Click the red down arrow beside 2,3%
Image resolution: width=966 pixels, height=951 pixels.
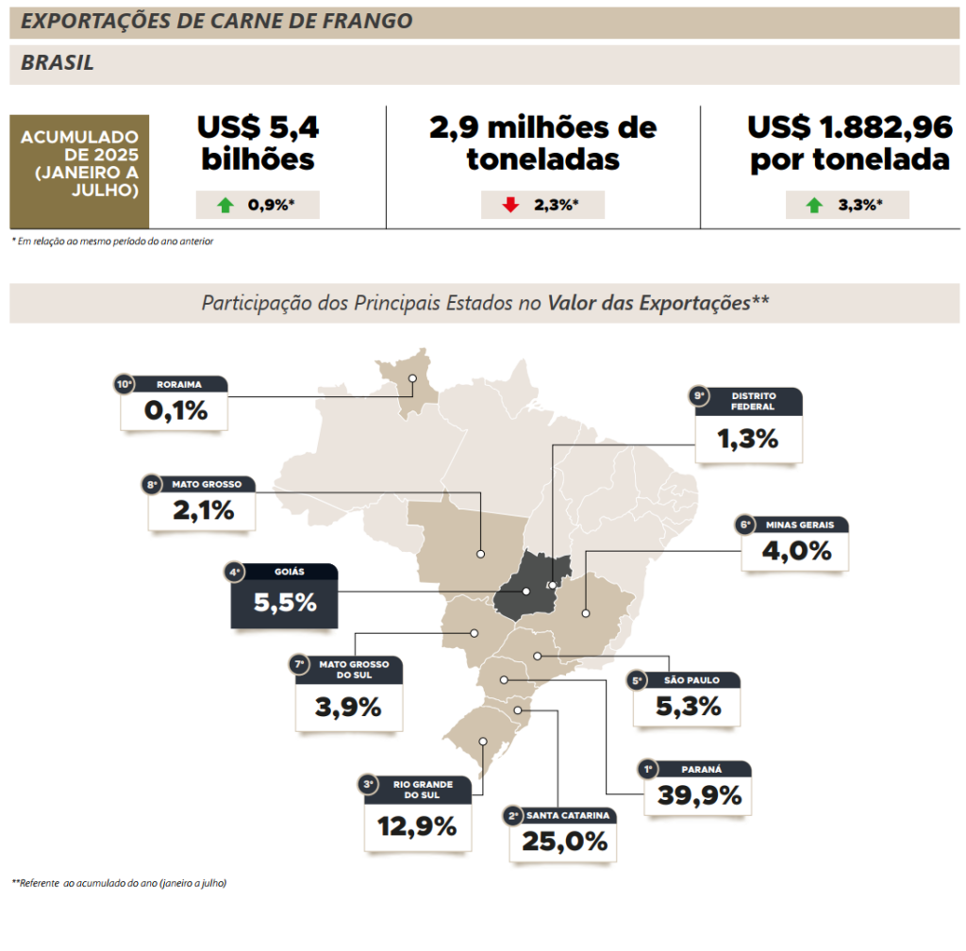tap(510, 205)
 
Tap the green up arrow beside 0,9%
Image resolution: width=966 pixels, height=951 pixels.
tap(225, 205)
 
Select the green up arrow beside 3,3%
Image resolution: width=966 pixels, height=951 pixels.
tap(814, 205)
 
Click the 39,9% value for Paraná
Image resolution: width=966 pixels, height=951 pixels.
tap(698, 796)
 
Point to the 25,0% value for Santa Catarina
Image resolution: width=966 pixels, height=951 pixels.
tap(563, 842)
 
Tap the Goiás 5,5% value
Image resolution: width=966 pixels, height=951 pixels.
tap(285, 602)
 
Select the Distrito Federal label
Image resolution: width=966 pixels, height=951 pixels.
tap(753, 401)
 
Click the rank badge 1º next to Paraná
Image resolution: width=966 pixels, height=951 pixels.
tap(648, 768)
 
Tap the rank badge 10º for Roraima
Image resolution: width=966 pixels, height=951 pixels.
tap(124, 384)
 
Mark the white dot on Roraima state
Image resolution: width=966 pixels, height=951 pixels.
tap(412, 378)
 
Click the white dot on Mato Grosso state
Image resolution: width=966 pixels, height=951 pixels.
tap(480, 554)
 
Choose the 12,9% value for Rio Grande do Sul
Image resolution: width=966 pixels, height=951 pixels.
tap(417, 826)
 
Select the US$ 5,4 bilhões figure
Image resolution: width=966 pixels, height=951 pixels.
tap(257, 142)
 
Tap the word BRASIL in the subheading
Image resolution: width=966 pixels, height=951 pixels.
tap(58, 63)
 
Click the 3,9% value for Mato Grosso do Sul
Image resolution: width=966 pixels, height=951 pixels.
tap(348, 707)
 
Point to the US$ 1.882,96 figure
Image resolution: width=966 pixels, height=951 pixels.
tap(849, 127)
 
